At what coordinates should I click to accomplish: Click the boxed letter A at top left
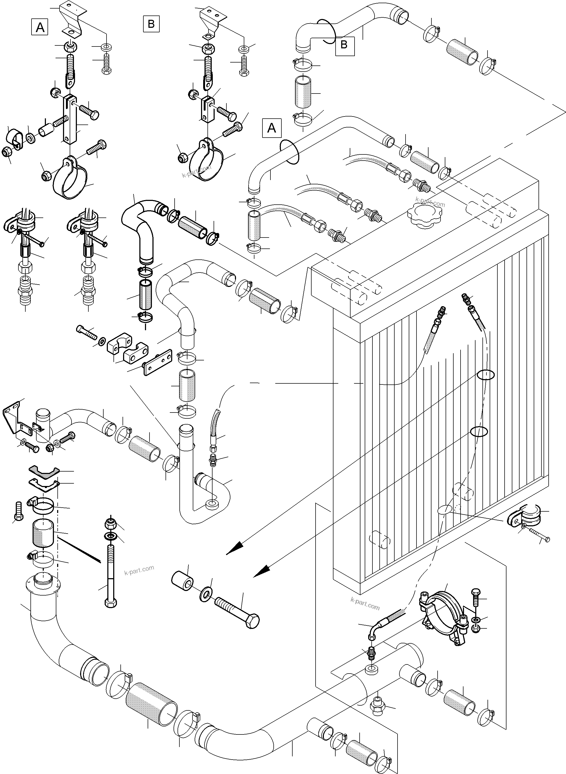pos(40,27)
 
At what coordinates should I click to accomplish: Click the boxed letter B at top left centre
pos(151,24)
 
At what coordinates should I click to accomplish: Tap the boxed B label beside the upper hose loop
pos(344,45)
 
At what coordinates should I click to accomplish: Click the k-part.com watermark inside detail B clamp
pos(197,171)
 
